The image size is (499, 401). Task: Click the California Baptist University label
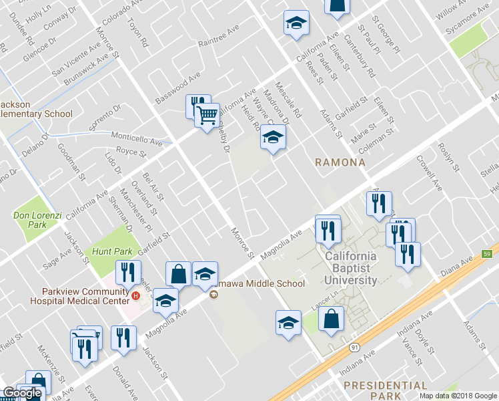(x=351, y=268)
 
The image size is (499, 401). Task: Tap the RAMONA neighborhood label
(x=340, y=162)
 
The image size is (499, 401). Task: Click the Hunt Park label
(x=109, y=251)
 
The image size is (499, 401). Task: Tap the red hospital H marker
(x=136, y=295)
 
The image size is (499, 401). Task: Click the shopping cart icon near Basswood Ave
(x=207, y=115)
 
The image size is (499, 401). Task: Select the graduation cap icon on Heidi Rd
(x=272, y=138)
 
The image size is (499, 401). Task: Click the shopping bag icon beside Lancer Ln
(x=331, y=319)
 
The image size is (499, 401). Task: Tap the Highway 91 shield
(x=352, y=348)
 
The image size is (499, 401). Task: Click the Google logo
(x=21, y=393)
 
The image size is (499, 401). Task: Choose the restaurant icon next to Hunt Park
(x=123, y=271)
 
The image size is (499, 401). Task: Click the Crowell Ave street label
(x=430, y=172)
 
